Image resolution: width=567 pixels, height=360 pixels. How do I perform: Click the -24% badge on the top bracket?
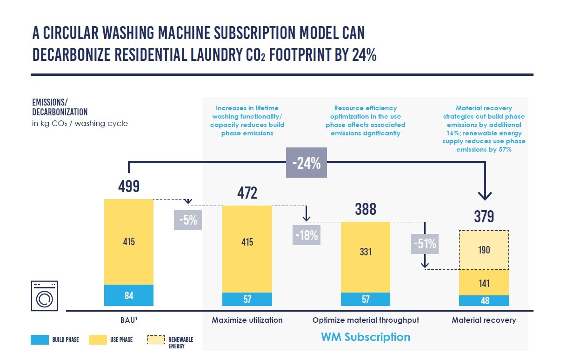click(307, 163)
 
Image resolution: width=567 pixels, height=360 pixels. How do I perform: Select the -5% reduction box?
click(188, 220)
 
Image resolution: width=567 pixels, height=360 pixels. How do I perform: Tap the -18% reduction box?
click(307, 235)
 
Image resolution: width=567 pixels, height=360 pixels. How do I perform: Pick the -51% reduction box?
click(425, 243)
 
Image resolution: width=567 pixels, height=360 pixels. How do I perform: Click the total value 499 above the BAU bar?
click(129, 187)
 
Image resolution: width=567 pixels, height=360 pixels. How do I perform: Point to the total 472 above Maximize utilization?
click(247, 193)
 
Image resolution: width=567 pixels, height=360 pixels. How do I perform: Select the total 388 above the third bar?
click(366, 209)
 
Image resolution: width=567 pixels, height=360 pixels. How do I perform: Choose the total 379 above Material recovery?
click(484, 216)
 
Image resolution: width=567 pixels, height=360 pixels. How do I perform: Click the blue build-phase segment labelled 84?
click(129, 295)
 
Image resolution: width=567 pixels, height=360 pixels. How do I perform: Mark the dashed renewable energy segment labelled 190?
click(484, 250)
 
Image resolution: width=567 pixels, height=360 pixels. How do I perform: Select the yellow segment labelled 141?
click(484, 283)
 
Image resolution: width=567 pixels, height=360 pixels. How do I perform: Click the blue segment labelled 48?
click(484, 300)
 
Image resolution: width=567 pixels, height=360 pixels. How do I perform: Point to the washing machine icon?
click(44, 295)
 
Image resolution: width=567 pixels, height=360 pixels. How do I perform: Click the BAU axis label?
click(129, 320)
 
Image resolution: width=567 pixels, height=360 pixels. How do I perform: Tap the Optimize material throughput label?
click(366, 320)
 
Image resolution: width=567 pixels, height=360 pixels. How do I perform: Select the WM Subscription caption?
click(366, 337)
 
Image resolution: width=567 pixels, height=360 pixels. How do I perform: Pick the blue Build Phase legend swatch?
click(42, 340)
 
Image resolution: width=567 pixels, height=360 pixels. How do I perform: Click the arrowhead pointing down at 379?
click(484, 195)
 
